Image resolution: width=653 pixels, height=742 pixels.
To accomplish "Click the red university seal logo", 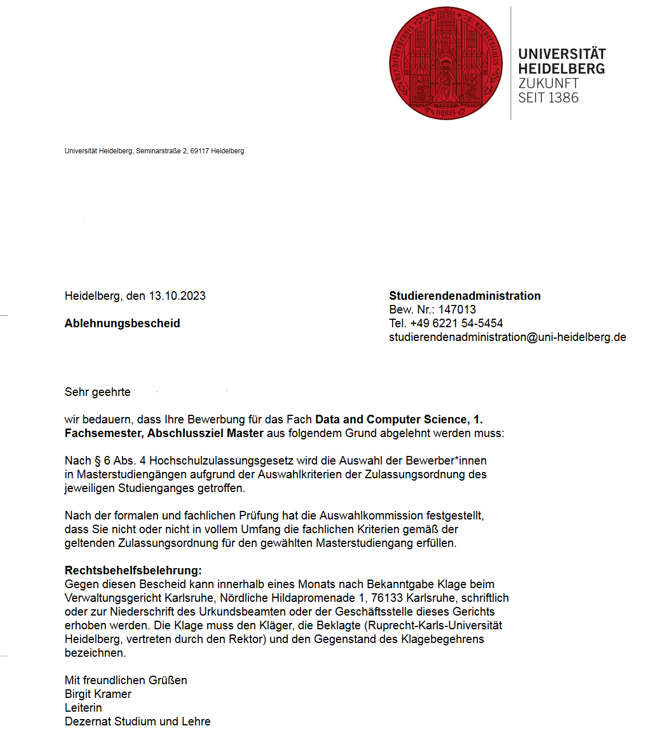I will pyautogui.click(x=446, y=63).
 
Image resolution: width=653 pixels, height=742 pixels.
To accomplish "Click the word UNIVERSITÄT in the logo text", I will pyautogui.click(x=561, y=54).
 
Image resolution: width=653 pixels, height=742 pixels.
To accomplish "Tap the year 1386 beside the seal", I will pyautogui.click(x=563, y=98).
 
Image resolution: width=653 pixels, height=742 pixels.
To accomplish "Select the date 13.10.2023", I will pyautogui.click(x=177, y=296).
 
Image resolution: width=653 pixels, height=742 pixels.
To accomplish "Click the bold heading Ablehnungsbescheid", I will pyautogui.click(x=122, y=323).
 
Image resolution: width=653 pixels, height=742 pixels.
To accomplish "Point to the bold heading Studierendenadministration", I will pyautogui.click(x=465, y=296).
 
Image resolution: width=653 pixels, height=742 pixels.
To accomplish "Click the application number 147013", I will pyautogui.click(x=457, y=310).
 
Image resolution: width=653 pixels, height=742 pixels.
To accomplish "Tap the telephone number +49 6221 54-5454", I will pyautogui.click(x=456, y=323).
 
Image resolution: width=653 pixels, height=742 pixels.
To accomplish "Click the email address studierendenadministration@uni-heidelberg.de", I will pyautogui.click(x=507, y=337).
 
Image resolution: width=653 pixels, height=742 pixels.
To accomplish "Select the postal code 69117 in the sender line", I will pyautogui.click(x=200, y=151).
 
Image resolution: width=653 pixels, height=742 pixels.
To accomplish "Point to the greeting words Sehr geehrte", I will pyautogui.click(x=97, y=392).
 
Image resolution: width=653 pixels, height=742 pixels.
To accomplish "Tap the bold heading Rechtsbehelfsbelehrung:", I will pyautogui.click(x=133, y=570).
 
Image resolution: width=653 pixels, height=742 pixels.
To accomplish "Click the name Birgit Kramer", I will pyautogui.click(x=98, y=694).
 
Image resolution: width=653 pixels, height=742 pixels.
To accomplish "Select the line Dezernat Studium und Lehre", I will pyautogui.click(x=137, y=721).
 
